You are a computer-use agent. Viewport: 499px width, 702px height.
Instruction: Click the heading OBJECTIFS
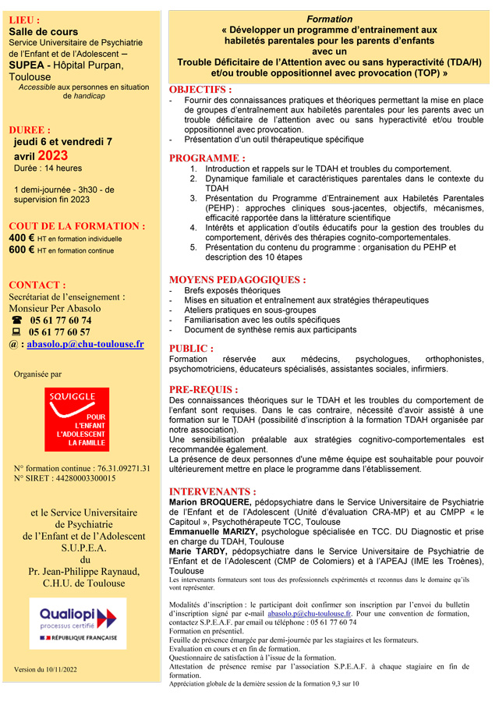[x=200, y=90]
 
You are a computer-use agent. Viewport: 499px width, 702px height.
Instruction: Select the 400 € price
[x=22, y=238]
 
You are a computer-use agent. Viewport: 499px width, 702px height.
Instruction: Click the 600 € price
[x=22, y=250]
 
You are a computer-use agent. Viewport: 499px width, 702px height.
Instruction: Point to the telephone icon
[x=16, y=320]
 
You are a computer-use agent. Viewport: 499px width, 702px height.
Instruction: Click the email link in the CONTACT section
[x=85, y=343]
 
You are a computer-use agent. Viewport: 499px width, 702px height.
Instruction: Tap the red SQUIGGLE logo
[x=76, y=420]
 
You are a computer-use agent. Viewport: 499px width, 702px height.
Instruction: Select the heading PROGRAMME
[x=207, y=158]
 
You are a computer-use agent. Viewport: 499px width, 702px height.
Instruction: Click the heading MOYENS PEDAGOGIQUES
[x=237, y=279]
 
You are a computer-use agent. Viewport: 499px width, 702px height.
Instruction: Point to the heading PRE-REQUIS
[x=203, y=389]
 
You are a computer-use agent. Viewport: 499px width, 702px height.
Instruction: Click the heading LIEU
[x=24, y=19]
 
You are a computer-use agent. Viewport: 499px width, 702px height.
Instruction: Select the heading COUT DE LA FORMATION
[x=76, y=226]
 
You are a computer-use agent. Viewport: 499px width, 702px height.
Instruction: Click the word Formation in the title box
[x=329, y=19]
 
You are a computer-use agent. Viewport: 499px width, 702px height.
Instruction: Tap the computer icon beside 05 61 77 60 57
[x=16, y=331]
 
